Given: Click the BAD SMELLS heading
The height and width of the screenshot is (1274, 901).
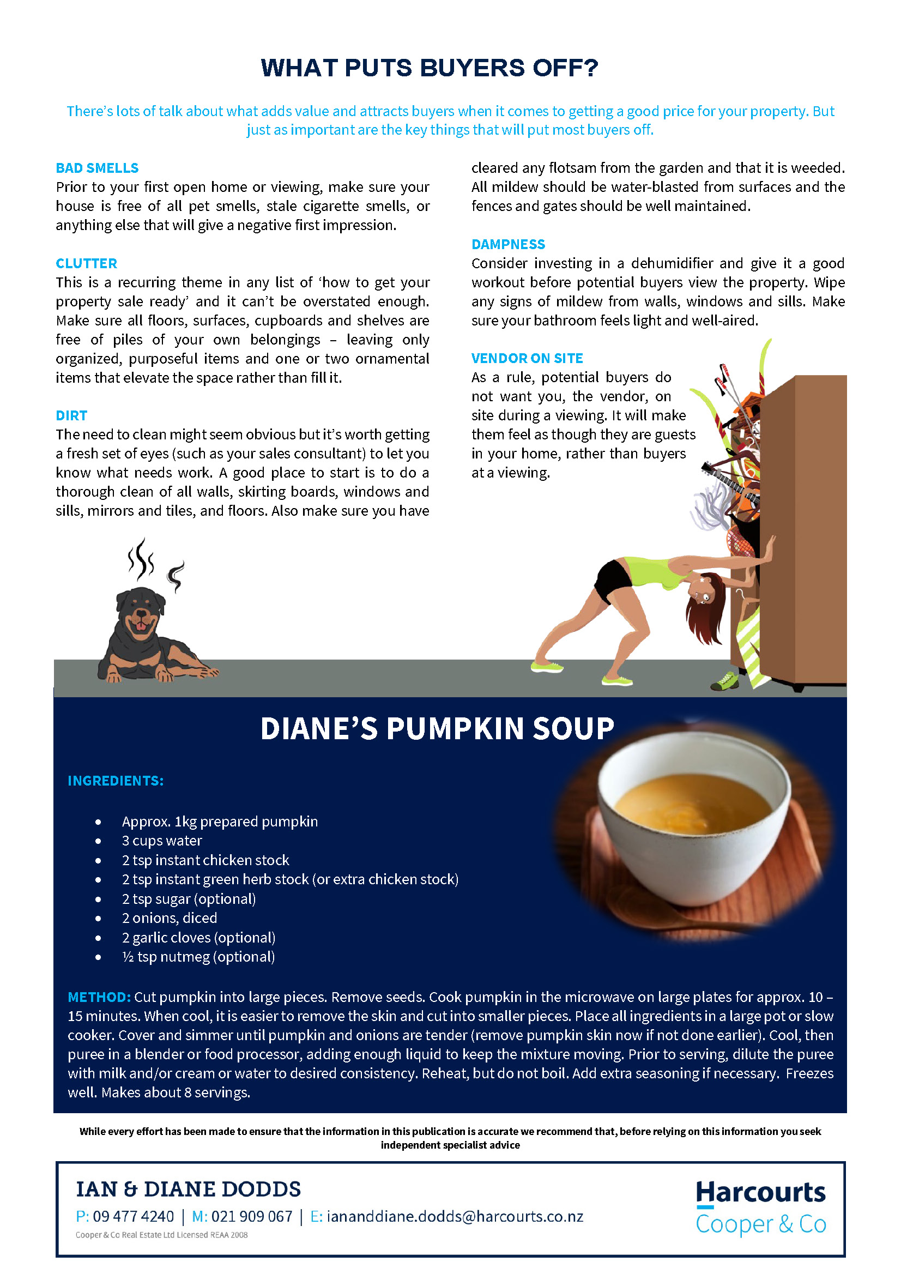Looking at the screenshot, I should pos(97,168).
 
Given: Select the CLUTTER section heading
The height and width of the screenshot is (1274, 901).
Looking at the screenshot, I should pos(87,263).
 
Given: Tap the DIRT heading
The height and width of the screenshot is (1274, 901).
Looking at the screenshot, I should pos(71,415).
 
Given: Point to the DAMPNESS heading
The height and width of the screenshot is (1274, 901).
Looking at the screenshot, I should pos(508,244).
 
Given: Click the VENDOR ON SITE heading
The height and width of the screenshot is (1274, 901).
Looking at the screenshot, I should pos(527,359).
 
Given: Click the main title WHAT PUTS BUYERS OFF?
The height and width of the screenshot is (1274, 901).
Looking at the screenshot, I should pos(430,68).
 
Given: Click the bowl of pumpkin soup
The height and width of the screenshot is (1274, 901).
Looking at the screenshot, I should pos(693,821).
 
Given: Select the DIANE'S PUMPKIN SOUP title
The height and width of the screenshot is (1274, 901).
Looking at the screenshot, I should pos(437,728).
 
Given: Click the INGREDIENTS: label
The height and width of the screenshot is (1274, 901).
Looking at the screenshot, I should pos(116,781).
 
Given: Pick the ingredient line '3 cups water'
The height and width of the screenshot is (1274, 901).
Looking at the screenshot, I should pos(162,841).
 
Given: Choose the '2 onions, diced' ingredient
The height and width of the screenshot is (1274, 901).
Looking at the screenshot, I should pos(169,918).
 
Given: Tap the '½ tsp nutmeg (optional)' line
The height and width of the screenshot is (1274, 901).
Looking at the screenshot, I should pos(198,957).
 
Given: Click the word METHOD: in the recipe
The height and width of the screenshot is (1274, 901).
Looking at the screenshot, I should pos(99,997).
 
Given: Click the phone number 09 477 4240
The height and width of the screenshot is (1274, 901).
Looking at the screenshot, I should pos(133,1216).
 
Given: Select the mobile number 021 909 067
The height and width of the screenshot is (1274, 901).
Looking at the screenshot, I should pos(252,1216).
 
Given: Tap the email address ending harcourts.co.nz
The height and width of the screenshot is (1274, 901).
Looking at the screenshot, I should pos(455,1216).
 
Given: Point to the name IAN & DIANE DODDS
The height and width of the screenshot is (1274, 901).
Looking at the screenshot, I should pos(188,1189).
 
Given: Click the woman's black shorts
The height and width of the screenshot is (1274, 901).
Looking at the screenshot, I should pos(613,579).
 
